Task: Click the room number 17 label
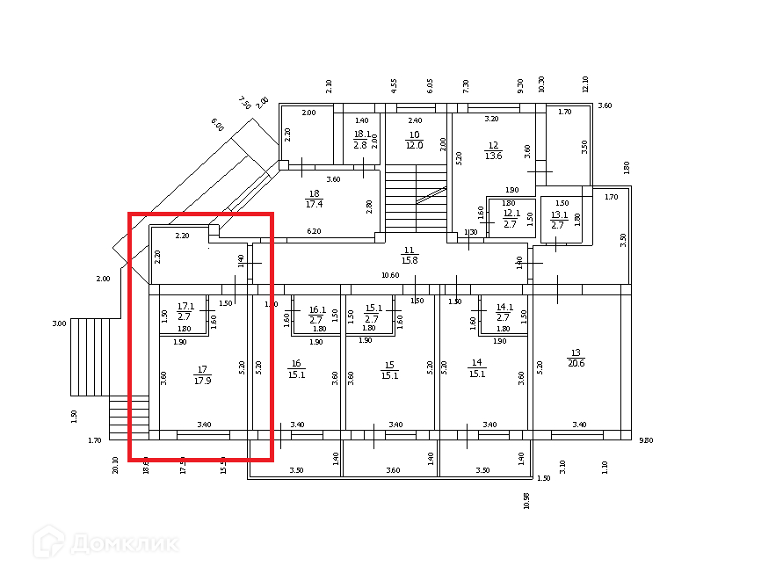click(202, 370)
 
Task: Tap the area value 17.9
click(202, 381)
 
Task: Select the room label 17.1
click(185, 307)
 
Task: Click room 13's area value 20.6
click(576, 362)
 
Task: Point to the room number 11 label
click(409, 251)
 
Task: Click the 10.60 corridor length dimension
click(390, 275)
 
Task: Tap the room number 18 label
click(315, 194)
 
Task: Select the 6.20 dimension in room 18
click(314, 231)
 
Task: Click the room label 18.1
click(360, 134)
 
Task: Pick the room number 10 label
click(414, 134)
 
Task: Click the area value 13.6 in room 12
click(493, 156)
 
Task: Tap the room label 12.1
click(511, 212)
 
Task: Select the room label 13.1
click(559, 214)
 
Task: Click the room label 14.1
click(504, 308)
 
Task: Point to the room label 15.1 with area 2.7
click(373, 308)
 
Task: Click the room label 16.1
click(317, 309)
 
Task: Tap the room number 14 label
click(477, 363)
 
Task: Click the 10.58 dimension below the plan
click(526, 500)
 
